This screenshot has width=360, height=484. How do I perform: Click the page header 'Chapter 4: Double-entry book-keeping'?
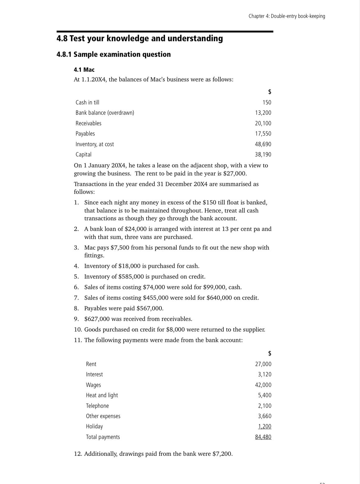[287, 16]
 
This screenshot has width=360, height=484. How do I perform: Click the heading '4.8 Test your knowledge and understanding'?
[140, 39]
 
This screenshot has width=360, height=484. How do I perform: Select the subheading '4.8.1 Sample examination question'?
[114, 55]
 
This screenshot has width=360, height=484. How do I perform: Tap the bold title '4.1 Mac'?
[84, 70]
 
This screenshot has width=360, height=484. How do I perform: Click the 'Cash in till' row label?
[87, 102]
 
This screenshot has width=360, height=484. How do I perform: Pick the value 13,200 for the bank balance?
[263, 113]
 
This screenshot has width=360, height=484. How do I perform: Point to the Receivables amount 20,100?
[263, 123]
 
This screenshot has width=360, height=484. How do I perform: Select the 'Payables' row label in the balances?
[85, 134]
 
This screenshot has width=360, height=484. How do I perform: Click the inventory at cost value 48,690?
[263, 144]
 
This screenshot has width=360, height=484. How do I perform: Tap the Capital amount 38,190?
[263, 154]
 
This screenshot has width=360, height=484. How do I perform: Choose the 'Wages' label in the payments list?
[93, 385]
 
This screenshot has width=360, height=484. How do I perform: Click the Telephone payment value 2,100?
[264, 406]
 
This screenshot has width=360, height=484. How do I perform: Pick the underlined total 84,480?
[263, 437]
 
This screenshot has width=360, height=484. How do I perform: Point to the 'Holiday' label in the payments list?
[94, 426]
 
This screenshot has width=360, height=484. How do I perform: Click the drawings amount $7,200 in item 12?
[222, 454]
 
